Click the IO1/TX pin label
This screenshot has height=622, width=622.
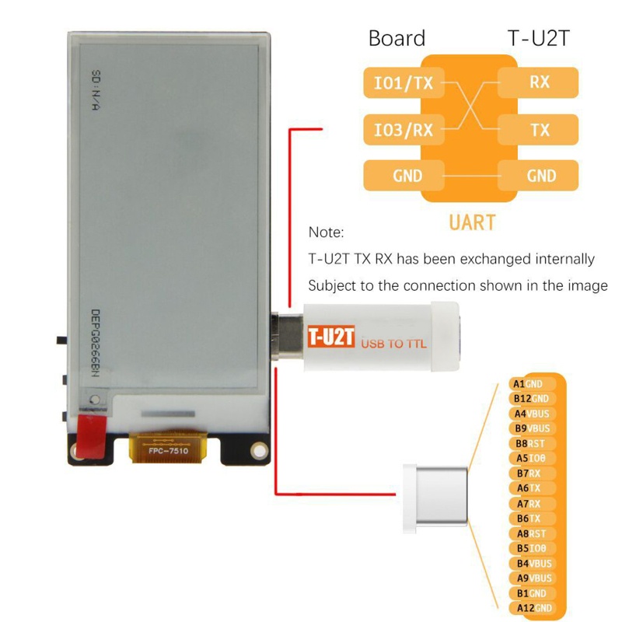click(x=403, y=82)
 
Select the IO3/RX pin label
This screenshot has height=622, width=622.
click(x=403, y=129)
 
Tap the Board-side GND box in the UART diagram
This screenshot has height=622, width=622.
click(x=403, y=176)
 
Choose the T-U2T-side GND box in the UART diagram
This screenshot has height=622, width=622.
click(x=538, y=176)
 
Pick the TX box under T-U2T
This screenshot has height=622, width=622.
click(x=538, y=129)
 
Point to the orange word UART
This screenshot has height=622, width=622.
click(x=472, y=222)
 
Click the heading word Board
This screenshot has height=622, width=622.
click(x=397, y=39)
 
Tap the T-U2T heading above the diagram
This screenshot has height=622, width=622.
click(x=537, y=39)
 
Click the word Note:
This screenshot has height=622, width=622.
click(x=326, y=232)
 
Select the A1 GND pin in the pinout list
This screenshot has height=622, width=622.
click(x=528, y=384)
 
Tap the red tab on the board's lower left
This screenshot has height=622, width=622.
click(x=93, y=435)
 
